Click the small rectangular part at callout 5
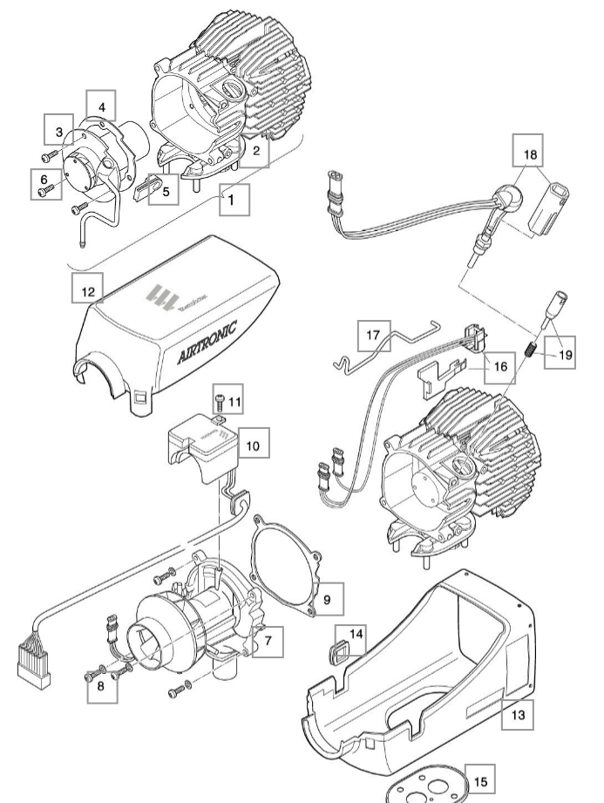tap(145, 189)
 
